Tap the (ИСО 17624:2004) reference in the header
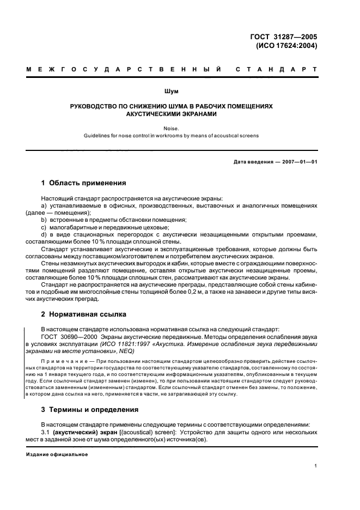(x=286, y=46)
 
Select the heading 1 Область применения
(x=84, y=183)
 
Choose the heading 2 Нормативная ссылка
(x=84, y=314)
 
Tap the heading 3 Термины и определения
(x=90, y=409)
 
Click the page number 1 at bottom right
(x=316, y=466)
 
